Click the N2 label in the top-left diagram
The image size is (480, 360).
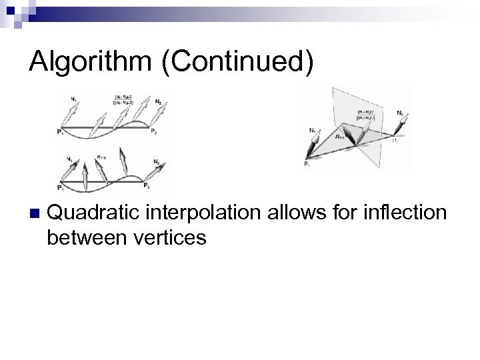click(158, 101)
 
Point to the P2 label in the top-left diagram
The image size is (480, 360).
click(153, 131)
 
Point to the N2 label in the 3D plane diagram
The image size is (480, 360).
click(398, 114)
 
